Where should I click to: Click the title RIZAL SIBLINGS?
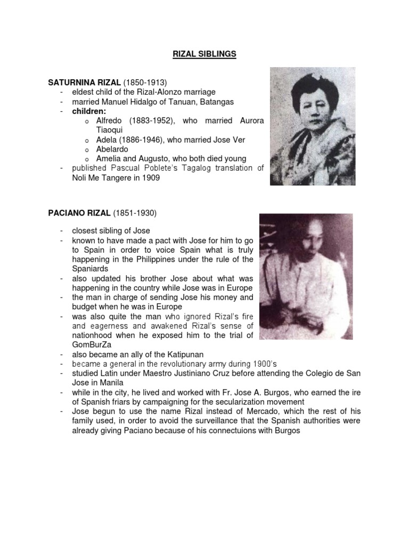click(x=204, y=54)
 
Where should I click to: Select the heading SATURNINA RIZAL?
click(x=84, y=82)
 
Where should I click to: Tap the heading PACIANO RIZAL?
click(x=79, y=213)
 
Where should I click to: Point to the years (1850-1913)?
click(x=145, y=82)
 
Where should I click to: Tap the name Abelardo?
click(x=112, y=150)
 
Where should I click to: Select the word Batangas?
click(x=216, y=102)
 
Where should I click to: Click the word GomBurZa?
click(x=91, y=344)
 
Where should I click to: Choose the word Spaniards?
click(x=90, y=269)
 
